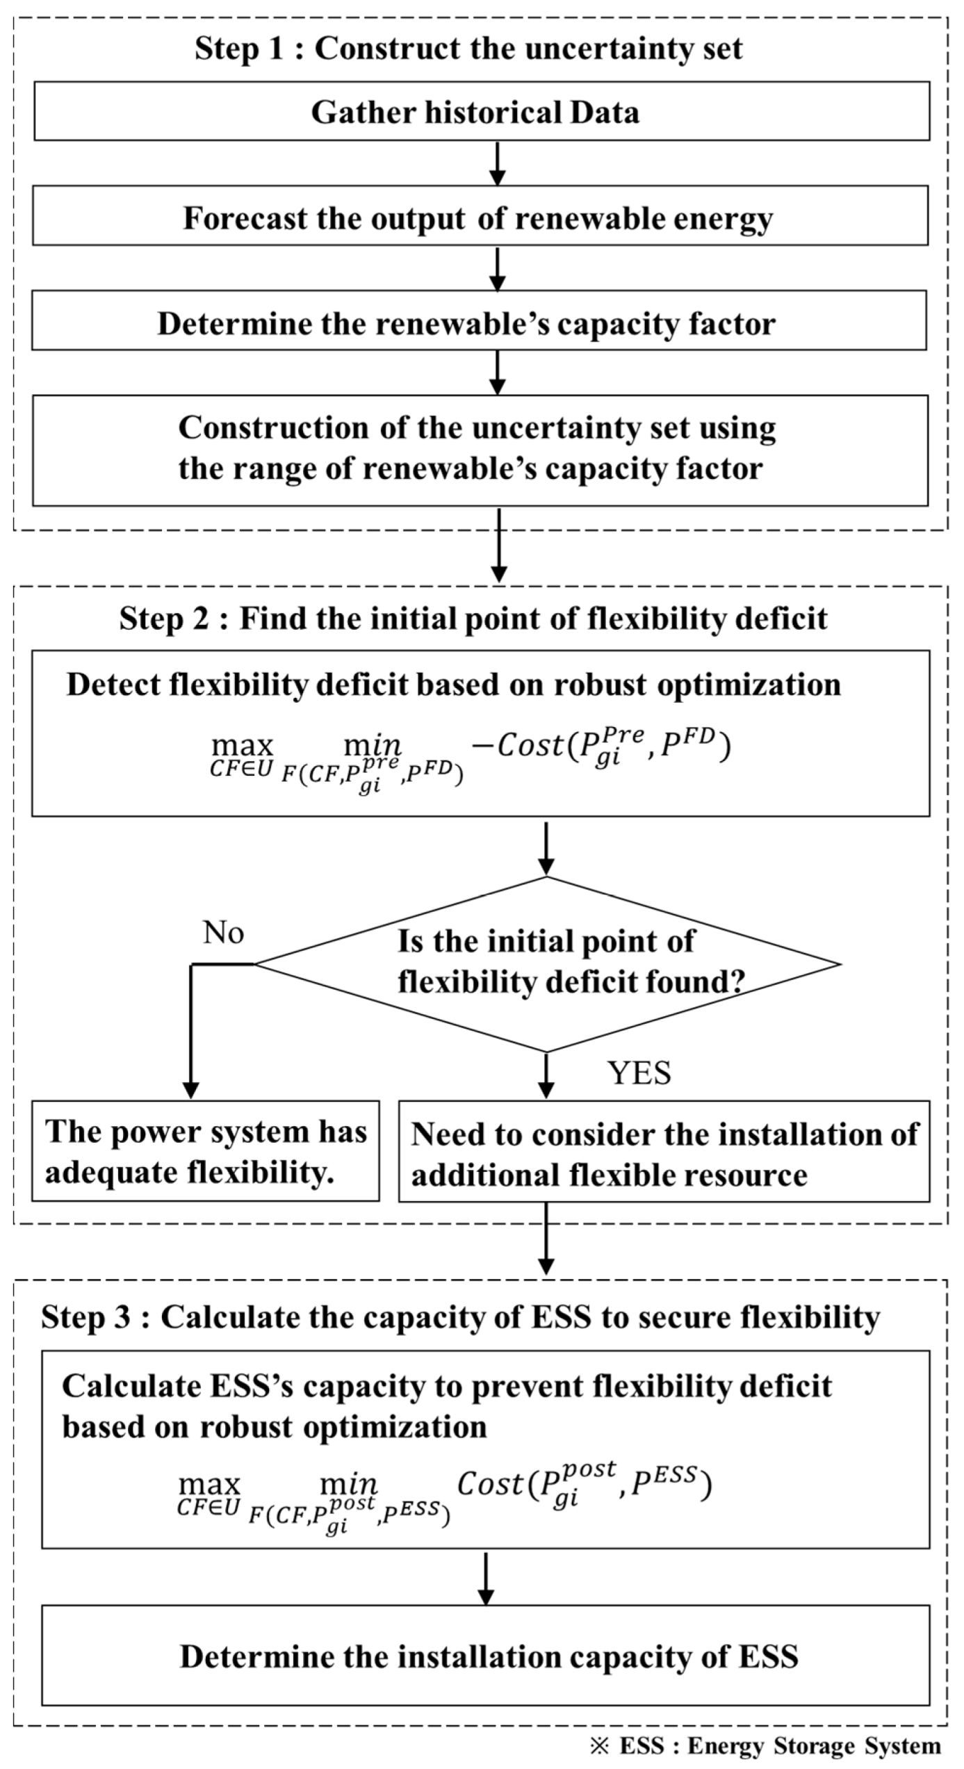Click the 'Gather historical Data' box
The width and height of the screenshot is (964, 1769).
[x=481, y=112]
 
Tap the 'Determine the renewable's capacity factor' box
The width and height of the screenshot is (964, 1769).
[x=478, y=323]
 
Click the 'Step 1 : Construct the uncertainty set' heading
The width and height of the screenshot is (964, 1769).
[x=468, y=49]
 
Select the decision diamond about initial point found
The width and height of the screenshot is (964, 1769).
[x=547, y=963]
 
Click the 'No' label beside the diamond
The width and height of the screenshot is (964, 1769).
[x=223, y=932]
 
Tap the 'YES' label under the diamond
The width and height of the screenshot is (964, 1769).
[x=639, y=1073]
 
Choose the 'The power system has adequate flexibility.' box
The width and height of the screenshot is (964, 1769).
[x=206, y=1151]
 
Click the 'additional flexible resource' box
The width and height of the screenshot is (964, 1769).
[x=663, y=1152]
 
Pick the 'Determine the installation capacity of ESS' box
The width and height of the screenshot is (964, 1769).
[x=485, y=1656]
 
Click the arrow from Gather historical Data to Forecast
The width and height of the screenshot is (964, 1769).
[x=497, y=163]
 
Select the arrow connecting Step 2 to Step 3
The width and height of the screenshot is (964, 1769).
[x=546, y=1241]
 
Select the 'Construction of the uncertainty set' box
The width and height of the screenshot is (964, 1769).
[x=480, y=449]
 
